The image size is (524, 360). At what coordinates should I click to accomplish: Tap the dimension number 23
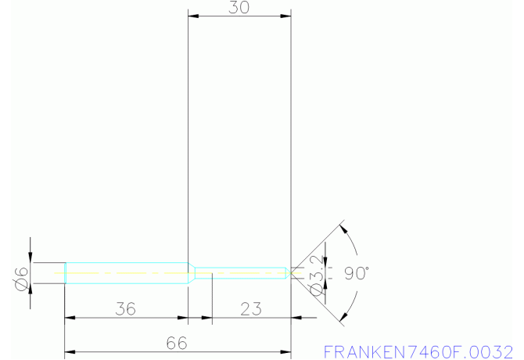coord(250,308)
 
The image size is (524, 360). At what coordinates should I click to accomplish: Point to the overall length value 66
coord(177,342)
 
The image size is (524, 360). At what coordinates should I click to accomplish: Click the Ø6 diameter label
coord(20,275)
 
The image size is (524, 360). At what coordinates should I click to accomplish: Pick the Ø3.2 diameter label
coord(316,275)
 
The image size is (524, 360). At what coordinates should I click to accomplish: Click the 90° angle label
coord(356,274)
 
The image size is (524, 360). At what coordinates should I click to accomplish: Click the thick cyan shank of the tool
coord(125,272)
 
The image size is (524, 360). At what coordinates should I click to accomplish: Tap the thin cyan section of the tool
coord(242,272)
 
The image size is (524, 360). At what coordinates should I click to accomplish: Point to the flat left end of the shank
coord(65,272)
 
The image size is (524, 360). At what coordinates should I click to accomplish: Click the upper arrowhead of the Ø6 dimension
coord(30,257)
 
